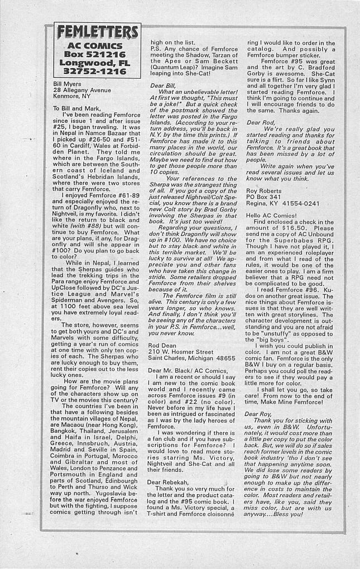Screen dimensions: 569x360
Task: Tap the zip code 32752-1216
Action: [x=95, y=72]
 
